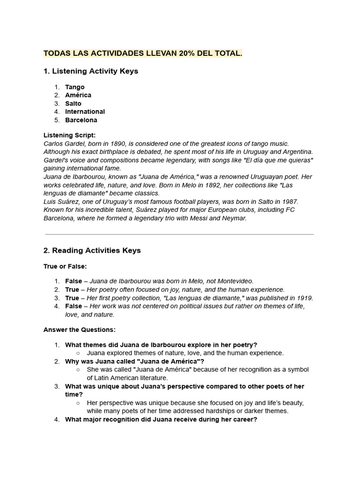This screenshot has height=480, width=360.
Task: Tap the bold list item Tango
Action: pos(75,87)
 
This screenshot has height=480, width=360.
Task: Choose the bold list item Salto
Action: pos(73,104)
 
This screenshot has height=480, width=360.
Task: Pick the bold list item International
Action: pos(85,112)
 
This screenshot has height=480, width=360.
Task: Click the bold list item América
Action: pos(78,95)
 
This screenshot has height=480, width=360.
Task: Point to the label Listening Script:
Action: pos(69,135)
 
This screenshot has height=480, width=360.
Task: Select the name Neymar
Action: pos(234,218)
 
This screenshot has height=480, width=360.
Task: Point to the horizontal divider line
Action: pos(180,234)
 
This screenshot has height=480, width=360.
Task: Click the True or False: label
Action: pos(65,266)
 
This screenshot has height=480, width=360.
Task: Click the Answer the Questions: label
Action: pos(79,330)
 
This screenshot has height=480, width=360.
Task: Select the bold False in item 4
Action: pos(73,306)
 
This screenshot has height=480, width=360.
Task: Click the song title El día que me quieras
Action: pos(277,160)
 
